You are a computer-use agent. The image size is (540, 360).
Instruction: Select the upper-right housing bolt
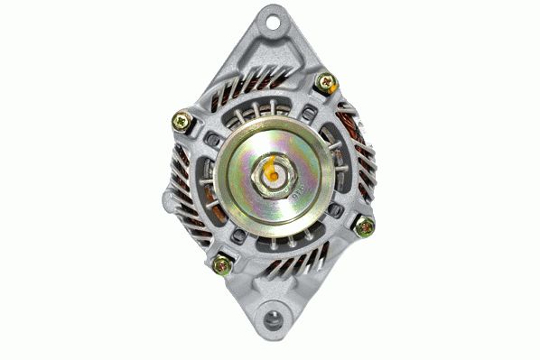tap(325, 84)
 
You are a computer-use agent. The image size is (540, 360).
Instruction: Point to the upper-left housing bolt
tap(182, 120)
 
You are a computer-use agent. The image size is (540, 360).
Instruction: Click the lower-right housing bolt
tap(364, 226)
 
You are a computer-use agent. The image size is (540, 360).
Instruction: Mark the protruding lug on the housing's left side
tap(170, 200)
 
